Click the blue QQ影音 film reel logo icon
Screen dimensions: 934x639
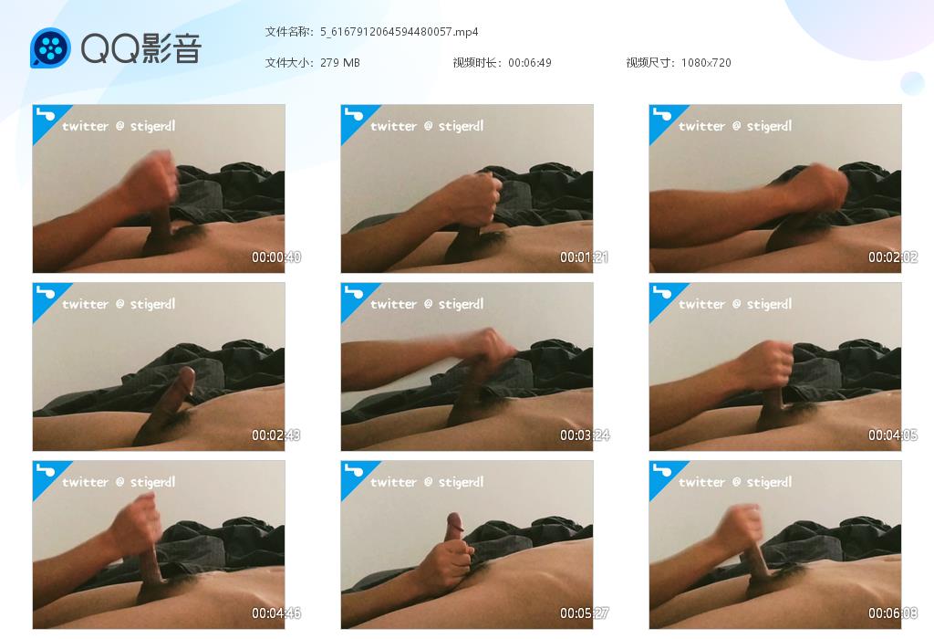[x=51, y=47]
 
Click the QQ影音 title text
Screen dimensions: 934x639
[x=141, y=48]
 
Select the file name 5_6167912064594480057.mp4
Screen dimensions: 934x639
[x=400, y=32]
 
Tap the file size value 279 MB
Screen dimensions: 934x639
[x=340, y=63]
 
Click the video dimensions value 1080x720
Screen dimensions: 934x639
[x=706, y=63]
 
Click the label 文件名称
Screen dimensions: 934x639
[x=287, y=32]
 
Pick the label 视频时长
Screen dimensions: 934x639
[x=474, y=63]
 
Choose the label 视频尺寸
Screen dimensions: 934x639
[x=649, y=63]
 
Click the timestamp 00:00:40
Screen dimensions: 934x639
[x=276, y=257]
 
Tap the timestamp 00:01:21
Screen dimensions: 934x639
[x=585, y=257]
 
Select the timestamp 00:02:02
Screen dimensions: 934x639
[x=893, y=257]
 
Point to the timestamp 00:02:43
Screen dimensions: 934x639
[x=276, y=435]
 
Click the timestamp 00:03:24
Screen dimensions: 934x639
[x=585, y=435]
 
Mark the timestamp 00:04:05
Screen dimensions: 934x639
[x=893, y=435]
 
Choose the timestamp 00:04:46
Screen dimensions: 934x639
[x=276, y=613]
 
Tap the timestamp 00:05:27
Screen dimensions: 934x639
[x=585, y=613]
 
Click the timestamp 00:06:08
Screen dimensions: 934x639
[x=893, y=613]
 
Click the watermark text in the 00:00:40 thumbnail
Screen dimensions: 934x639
[x=119, y=126]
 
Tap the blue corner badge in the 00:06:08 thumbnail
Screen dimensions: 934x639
[x=662, y=474]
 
